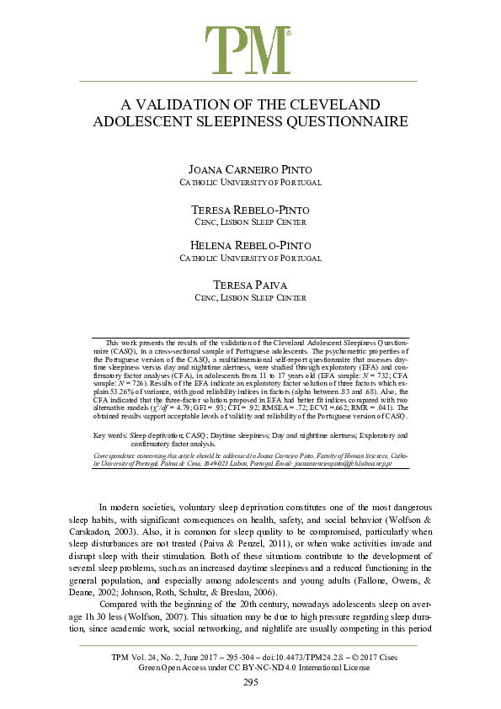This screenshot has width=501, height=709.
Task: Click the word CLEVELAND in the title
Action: [x=338, y=105]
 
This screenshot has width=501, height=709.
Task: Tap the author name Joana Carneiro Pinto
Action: [x=250, y=170]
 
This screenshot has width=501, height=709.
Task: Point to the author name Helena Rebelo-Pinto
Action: [x=250, y=245]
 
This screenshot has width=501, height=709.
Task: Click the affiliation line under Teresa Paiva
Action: [x=250, y=297]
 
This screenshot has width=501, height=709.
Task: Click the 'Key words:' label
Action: [x=110, y=434]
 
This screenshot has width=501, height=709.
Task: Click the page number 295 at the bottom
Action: [x=250, y=682]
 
